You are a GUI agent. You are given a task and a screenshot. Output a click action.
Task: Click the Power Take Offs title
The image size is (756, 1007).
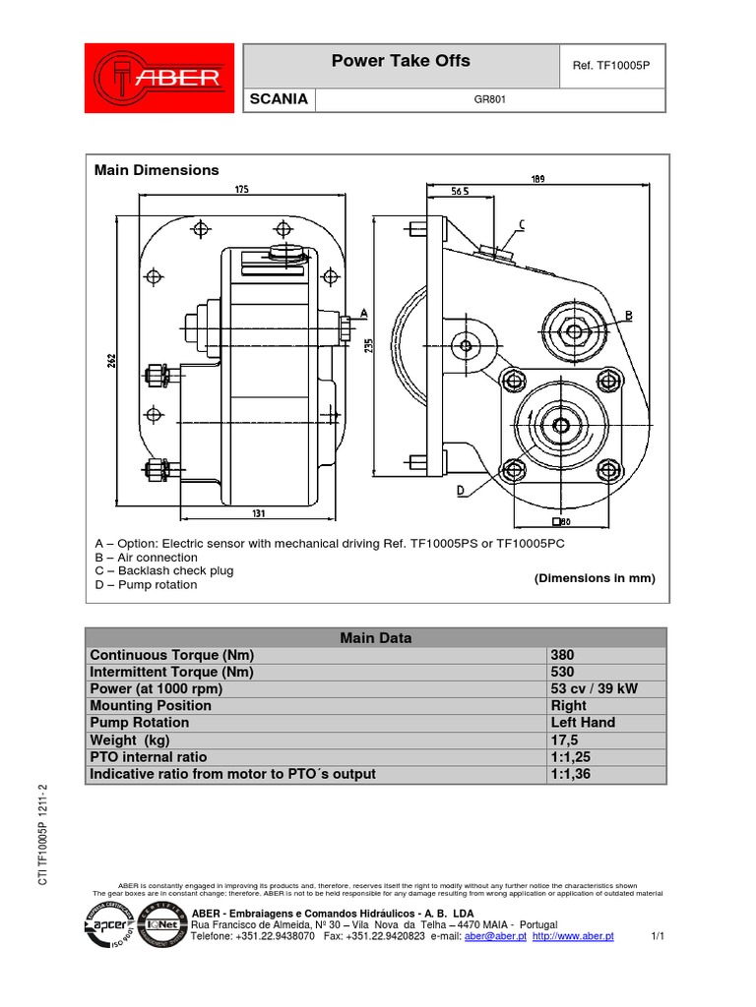click(401, 61)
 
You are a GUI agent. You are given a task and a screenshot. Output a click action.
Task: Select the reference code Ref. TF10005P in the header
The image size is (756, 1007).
click(611, 65)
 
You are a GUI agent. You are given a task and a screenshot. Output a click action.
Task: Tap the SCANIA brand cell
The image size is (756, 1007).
click(281, 99)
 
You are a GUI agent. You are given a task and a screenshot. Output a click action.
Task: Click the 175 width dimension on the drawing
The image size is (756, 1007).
click(240, 189)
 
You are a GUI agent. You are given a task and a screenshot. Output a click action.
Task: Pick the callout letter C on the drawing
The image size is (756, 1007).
click(521, 225)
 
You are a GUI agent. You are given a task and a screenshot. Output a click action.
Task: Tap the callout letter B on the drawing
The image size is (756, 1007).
click(628, 315)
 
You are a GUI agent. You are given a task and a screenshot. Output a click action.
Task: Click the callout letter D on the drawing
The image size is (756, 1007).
click(461, 489)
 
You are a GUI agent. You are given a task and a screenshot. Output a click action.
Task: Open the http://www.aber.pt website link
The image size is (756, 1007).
click(573, 937)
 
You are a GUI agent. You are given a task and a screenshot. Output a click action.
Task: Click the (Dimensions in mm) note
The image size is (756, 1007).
click(594, 578)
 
